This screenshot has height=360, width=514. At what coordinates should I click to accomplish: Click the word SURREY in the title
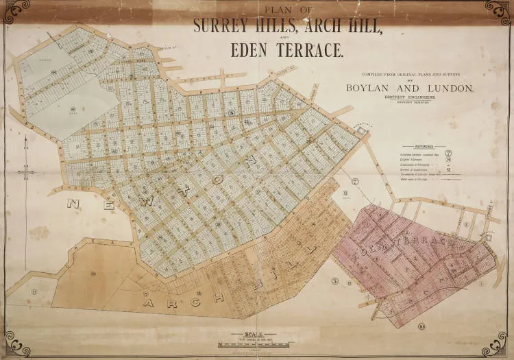tap(221, 27)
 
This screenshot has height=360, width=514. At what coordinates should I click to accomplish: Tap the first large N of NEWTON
tap(74, 204)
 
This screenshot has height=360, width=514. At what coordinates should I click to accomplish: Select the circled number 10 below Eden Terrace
tap(421, 326)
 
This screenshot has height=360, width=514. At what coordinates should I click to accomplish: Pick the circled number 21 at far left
tap(32, 291)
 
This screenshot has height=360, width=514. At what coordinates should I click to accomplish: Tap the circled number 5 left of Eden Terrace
tap(333, 280)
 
